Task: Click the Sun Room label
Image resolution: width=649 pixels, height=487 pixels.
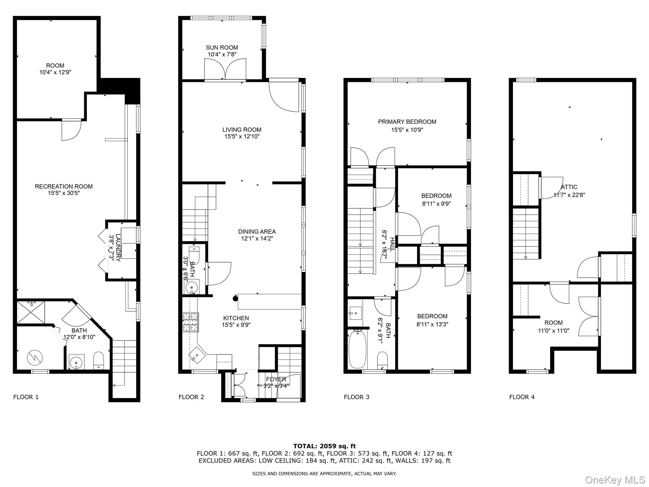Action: (222, 48)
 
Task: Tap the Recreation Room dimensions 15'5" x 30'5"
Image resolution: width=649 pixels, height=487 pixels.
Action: (64, 193)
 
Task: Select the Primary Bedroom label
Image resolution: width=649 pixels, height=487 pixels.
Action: (407, 122)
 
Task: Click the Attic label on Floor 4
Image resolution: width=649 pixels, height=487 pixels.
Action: (569, 187)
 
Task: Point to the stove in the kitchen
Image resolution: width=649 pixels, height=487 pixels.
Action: (190, 322)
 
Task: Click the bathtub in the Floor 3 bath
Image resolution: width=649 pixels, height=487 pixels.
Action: (357, 349)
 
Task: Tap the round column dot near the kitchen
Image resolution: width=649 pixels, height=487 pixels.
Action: (235, 298)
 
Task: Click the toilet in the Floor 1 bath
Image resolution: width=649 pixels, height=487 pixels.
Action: (99, 360)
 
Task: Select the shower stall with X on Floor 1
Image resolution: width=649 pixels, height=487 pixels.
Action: (30, 312)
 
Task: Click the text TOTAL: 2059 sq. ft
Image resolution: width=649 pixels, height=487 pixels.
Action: (324, 446)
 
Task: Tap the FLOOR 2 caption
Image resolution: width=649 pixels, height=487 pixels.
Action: (191, 397)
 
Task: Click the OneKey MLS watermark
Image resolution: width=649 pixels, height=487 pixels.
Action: (615, 480)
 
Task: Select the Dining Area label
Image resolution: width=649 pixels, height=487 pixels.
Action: (257, 232)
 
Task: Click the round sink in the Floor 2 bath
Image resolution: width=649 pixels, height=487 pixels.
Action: (191, 288)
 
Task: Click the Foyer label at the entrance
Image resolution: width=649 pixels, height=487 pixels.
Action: (276, 379)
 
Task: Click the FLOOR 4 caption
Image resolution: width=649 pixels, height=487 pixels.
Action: (522, 397)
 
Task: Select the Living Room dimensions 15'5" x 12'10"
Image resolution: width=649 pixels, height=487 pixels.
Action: (242, 137)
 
